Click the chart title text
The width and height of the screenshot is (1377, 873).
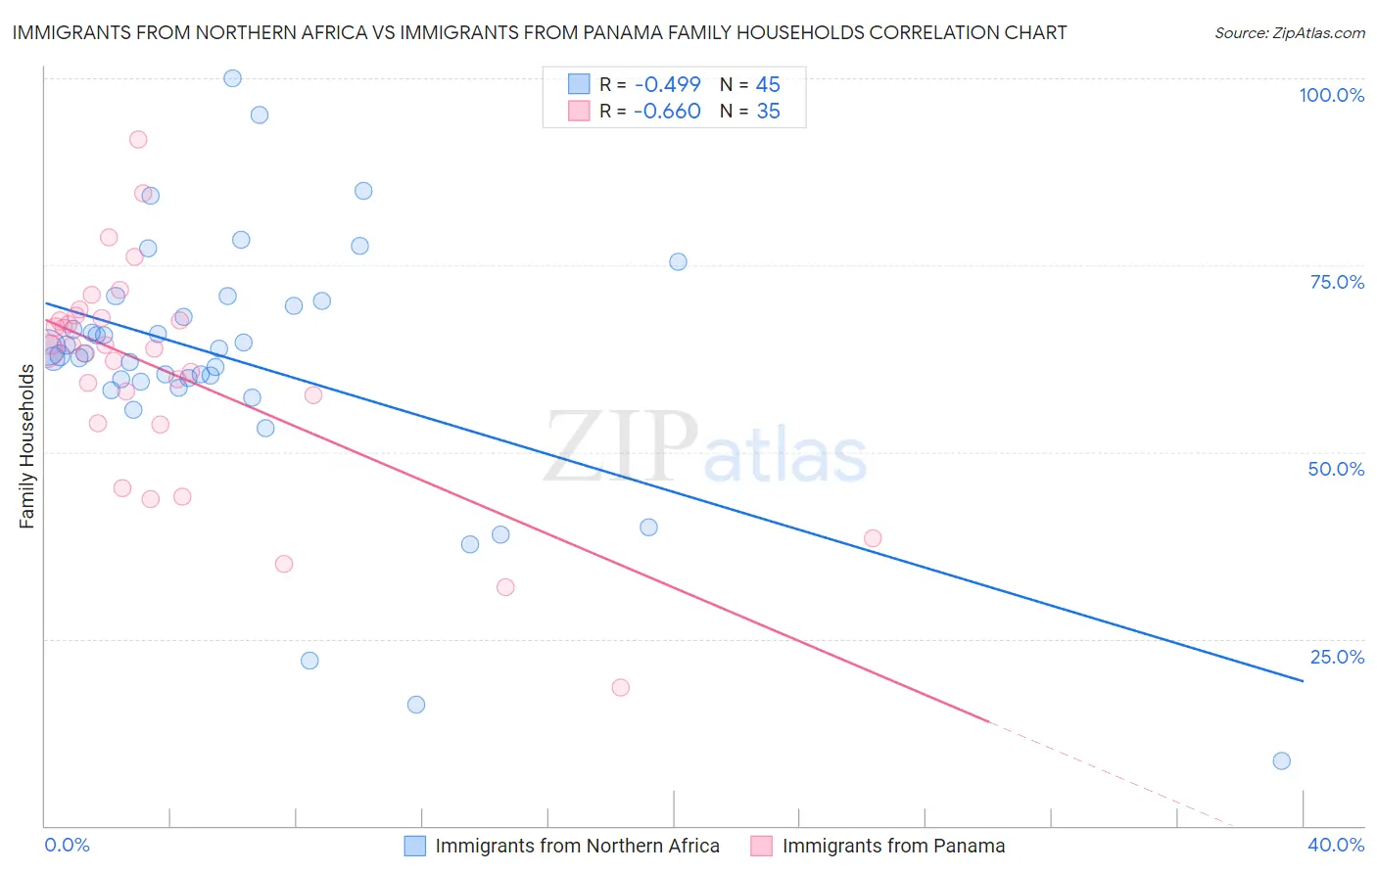click(x=539, y=32)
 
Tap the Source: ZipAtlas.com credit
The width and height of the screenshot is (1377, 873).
click(x=1289, y=32)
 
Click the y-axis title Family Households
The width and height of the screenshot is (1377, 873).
click(x=27, y=446)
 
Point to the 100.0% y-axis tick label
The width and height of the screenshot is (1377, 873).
click(x=1331, y=95)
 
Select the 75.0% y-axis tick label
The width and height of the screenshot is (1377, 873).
click(x=1337, y=282)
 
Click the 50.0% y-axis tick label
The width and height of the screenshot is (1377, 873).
click(x=1336, y=469)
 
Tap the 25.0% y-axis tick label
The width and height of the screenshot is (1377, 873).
click(x=1337, y=657)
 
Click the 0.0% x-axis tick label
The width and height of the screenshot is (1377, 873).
click(x=67, y=845)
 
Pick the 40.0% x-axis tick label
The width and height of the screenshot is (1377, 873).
click(x=1336, y=845)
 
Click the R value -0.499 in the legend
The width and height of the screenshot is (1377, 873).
click(x=667, y=84)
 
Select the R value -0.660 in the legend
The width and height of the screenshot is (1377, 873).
click(x=667, y=111)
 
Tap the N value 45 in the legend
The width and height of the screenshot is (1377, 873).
click(x=768, y=84)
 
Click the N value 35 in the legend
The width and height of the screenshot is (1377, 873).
click(x=768, y=111)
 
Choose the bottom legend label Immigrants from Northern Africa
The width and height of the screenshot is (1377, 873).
click(x=577, y=846)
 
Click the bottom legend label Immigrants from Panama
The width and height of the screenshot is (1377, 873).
click(x=893, y=846)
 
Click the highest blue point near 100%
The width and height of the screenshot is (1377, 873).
click(x=232, y=78)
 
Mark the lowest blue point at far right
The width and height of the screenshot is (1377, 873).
click(x=1281, y=760)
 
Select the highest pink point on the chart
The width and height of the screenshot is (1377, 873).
click(x=138, y=140)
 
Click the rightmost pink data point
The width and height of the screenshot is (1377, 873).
click(x=873, y=538)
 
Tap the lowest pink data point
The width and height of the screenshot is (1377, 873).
click(x=620, y=687)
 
